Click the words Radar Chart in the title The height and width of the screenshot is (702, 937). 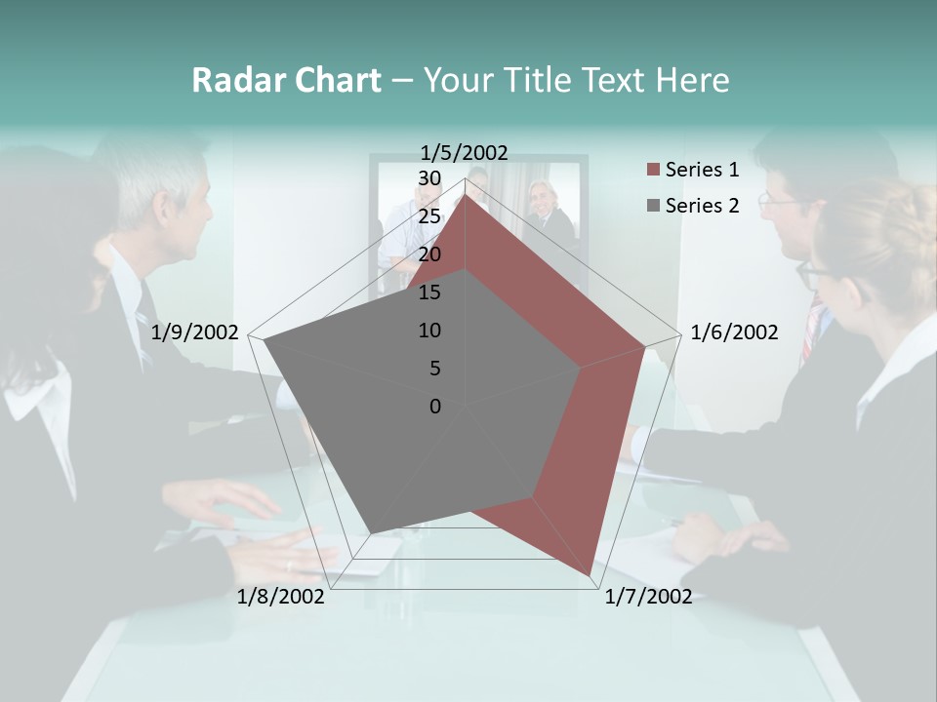pos(286,81)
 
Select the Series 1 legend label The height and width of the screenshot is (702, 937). pos(702,170)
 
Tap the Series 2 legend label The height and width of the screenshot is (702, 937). pos(702,206)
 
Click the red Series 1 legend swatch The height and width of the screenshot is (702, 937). pos(652,171)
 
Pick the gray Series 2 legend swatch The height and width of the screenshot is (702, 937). pos(652,206)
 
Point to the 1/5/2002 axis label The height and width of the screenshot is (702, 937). pos(465,152)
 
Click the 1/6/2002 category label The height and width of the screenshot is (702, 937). pos(734,332)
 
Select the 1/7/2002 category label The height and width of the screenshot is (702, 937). pos(648,597)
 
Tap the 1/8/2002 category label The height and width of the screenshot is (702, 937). pos(281,597)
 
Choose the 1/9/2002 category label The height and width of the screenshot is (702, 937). pos(195,332)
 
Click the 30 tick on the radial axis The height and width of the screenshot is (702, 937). pos(429,178)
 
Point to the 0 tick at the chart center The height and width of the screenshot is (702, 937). pos(435,407)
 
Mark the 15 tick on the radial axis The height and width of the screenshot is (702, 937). pos(429,292)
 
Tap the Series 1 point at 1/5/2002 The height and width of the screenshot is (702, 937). pos(465,194)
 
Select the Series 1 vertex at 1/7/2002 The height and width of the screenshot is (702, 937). pos(591,575)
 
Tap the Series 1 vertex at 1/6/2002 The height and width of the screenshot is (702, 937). pos(645,346)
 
